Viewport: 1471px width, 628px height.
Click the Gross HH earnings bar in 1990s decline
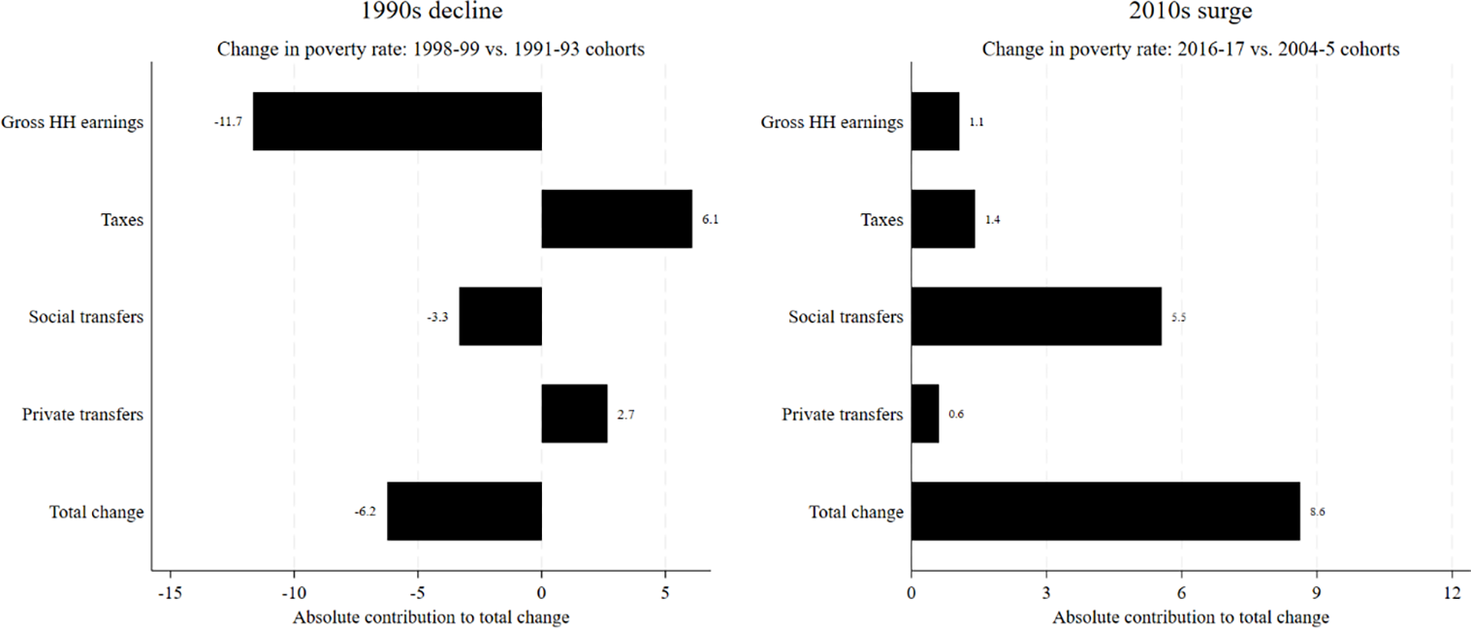click(x=397, y=121)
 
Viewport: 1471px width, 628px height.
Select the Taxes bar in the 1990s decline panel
click(x=617, y=219)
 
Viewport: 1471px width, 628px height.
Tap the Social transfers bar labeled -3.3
click(x=500, y=317)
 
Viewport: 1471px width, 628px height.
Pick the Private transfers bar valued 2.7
click(x=574, y=414)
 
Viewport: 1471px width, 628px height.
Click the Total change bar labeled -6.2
click(x=464, y=511)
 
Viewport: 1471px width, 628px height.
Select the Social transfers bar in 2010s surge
click(x=1036, y=317)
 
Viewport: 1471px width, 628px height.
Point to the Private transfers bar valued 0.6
click(x=925, y=414)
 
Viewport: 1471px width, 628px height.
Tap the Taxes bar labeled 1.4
click(x=943, y=219)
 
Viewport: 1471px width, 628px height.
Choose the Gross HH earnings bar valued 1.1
click(x=936, y=121)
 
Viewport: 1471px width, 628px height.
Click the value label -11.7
click(x=229, y=122)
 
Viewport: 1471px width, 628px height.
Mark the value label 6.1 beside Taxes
click(x=710, y=220)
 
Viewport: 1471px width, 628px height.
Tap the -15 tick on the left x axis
click(x=170, y=591)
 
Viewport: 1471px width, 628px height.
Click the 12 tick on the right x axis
click(x=1451, y=591)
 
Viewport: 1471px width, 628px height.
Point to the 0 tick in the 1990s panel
click(x=541, y=591)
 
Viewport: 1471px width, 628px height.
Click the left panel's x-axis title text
click(x=431, y=617)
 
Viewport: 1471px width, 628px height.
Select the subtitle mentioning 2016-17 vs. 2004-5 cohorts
click(x=1190, y=49)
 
